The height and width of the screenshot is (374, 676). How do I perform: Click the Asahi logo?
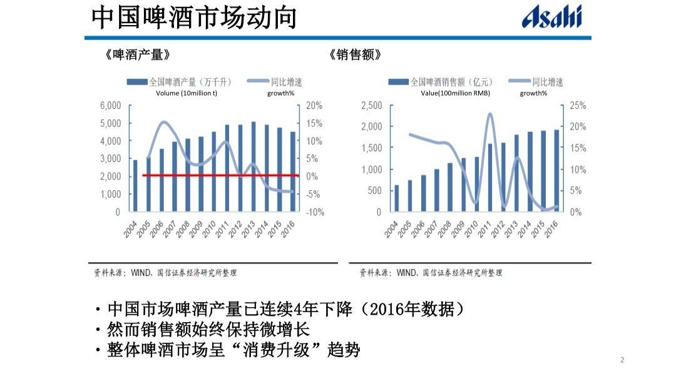click(551, 18)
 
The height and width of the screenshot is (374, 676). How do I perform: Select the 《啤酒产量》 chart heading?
click(137, 55)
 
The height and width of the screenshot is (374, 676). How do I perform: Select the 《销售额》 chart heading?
click(355, 55)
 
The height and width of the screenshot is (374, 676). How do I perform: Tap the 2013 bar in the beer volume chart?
click(253, 166)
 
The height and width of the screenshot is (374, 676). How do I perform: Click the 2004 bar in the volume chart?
click(135, 186)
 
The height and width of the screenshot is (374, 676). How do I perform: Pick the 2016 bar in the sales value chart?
click(556, 171)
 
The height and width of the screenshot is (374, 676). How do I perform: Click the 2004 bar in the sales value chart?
click(396, 198)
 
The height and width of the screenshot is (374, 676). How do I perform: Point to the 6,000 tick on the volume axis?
click(110, 105)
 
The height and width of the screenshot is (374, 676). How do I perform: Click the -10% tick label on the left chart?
click(314, 212)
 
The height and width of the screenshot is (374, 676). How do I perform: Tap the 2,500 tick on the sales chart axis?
click(371, 105)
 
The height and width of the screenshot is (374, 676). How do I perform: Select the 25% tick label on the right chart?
click(578, 105)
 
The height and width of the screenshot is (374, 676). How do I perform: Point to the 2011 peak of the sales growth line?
click(489, 114)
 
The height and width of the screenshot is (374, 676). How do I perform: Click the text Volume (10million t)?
click(187, 93)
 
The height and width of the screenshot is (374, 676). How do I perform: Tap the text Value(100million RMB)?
click(455, 93)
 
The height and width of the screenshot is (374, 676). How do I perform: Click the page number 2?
click(622, 360)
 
